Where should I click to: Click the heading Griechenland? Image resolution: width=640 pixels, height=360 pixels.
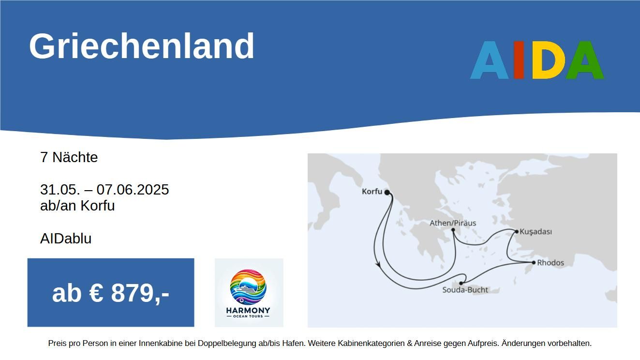[141, 46]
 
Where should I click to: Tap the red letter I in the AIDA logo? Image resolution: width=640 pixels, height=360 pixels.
[519, 60]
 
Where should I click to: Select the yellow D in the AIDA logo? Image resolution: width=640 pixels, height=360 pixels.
[549, 60]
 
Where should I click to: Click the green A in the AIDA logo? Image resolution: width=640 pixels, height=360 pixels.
[585, 60]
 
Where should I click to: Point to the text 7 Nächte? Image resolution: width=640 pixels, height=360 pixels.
[69, 157]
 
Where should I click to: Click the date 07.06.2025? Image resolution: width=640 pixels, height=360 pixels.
[133, 190]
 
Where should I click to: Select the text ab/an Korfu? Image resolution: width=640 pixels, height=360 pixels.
[77, 206]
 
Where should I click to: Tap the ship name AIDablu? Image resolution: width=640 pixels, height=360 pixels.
[66, 239]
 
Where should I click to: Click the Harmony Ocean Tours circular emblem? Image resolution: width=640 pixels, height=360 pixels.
[248, 287]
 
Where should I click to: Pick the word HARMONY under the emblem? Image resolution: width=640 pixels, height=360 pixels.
[248, 310]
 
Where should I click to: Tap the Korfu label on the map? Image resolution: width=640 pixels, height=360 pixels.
[372, 192]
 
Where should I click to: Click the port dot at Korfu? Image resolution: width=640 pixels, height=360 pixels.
[387, 192]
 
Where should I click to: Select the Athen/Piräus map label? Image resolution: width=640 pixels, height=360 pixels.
[453, 223]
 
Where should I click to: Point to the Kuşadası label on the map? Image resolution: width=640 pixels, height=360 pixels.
[536, 232]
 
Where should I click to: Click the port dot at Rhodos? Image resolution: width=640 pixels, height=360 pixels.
[534, 263]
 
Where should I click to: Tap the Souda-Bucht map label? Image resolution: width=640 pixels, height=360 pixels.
[465, 290]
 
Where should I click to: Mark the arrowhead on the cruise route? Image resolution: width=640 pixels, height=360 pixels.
[378, 264]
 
